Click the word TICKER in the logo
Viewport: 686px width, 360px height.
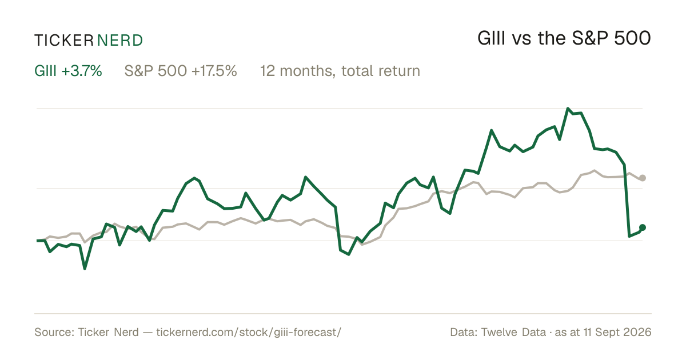64,41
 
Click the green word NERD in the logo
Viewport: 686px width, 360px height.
120,41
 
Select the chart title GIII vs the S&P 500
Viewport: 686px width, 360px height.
564,38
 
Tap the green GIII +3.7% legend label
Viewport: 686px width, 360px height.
68,71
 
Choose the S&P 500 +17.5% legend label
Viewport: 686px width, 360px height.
181,71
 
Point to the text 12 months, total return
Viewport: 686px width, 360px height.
340,71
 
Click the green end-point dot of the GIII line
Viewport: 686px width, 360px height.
643,227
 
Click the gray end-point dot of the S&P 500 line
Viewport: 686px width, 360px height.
643,178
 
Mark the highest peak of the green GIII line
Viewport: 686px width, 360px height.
568,109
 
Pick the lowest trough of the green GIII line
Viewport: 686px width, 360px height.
85,269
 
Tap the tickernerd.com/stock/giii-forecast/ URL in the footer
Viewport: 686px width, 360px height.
249,332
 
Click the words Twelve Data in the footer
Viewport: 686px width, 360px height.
513,332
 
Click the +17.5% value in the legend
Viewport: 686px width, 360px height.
214,71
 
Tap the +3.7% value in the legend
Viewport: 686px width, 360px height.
81,71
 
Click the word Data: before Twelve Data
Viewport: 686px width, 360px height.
464,332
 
